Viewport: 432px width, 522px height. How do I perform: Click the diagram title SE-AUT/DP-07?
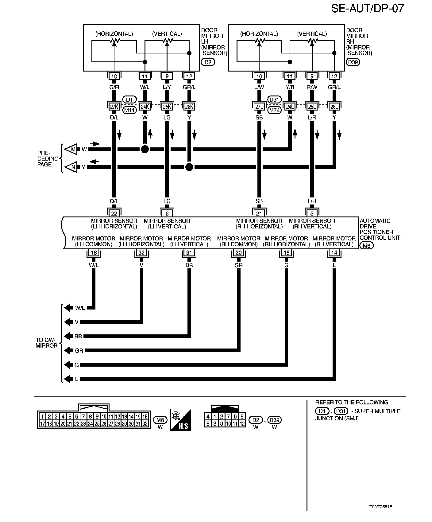tap(367, 8)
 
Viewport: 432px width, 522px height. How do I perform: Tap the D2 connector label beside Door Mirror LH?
tap(208, 62)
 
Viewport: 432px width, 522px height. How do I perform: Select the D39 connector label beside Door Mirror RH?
tap(353, 62)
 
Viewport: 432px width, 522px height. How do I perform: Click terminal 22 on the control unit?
tap(114, 213)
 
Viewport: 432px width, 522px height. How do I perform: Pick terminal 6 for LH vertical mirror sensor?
tap(167, 213)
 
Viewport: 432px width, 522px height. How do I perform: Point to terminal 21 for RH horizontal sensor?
tap(259, 213)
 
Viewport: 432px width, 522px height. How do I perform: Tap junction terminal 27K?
tap(114, 107)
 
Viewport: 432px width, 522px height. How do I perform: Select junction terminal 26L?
tap(334, 107)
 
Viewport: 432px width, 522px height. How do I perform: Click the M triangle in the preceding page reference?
tap(72, 150)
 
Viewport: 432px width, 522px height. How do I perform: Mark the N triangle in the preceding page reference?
tap(72, 167)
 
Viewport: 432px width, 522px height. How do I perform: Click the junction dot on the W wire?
tap(145, 150)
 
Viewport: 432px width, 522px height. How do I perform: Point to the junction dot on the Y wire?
tap(189, 167)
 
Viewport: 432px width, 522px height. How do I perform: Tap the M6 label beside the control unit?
tap(366, 245)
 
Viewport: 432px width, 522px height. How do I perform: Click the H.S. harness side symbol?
tap(181, 420)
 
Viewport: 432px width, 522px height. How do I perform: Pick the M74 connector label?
tap(274, 110)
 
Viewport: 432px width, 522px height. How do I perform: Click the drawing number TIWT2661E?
tap(380, 507)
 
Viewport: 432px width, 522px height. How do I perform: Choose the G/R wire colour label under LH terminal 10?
tap(114, 87)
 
